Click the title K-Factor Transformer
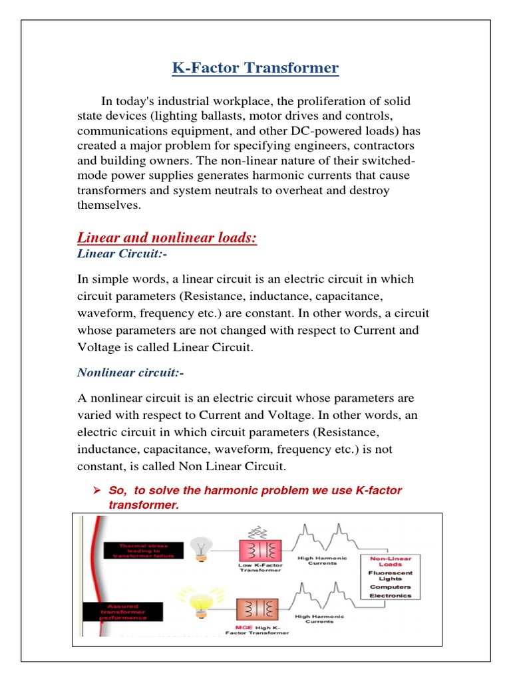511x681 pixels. tap(255, 68)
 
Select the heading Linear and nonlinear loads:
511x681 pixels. tap(167, 237)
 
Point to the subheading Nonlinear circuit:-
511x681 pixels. tap(130, 372)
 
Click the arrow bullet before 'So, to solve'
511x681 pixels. tap(96, 491)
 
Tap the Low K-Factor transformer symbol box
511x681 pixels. tap(256, 549)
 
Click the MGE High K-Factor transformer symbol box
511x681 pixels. tap(256, 609)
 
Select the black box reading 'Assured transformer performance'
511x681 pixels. tap(132, 611)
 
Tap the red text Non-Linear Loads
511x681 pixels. tap(391, 562)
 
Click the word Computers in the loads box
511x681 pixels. tap(391, 587)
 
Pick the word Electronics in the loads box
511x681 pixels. tap(391, 596)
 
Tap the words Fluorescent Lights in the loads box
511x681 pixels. tap(391, 576)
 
